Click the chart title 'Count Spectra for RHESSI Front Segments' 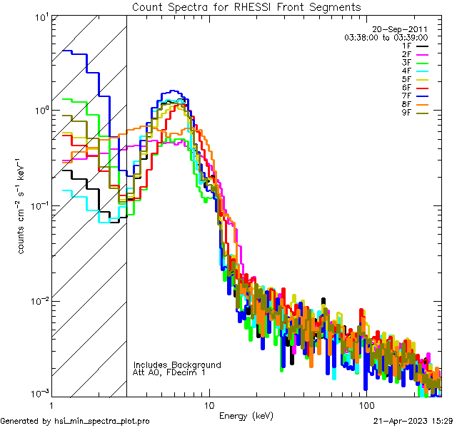coord(246,6)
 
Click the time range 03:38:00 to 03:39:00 coord(386,37)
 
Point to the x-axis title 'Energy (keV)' coord(246,416)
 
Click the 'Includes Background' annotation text coord(177,365)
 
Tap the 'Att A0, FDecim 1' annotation coord(171,372)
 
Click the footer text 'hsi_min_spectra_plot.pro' coord(102,421)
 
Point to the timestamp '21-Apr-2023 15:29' coord(413,421)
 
